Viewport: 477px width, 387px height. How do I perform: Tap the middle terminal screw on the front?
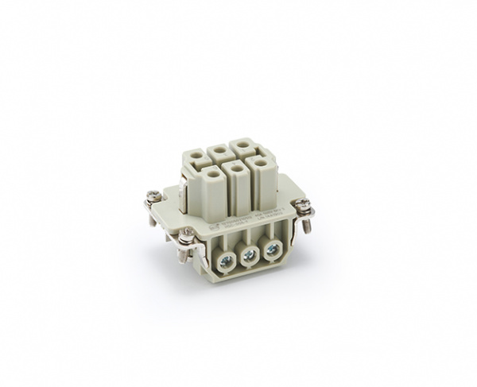pos(248,254)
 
